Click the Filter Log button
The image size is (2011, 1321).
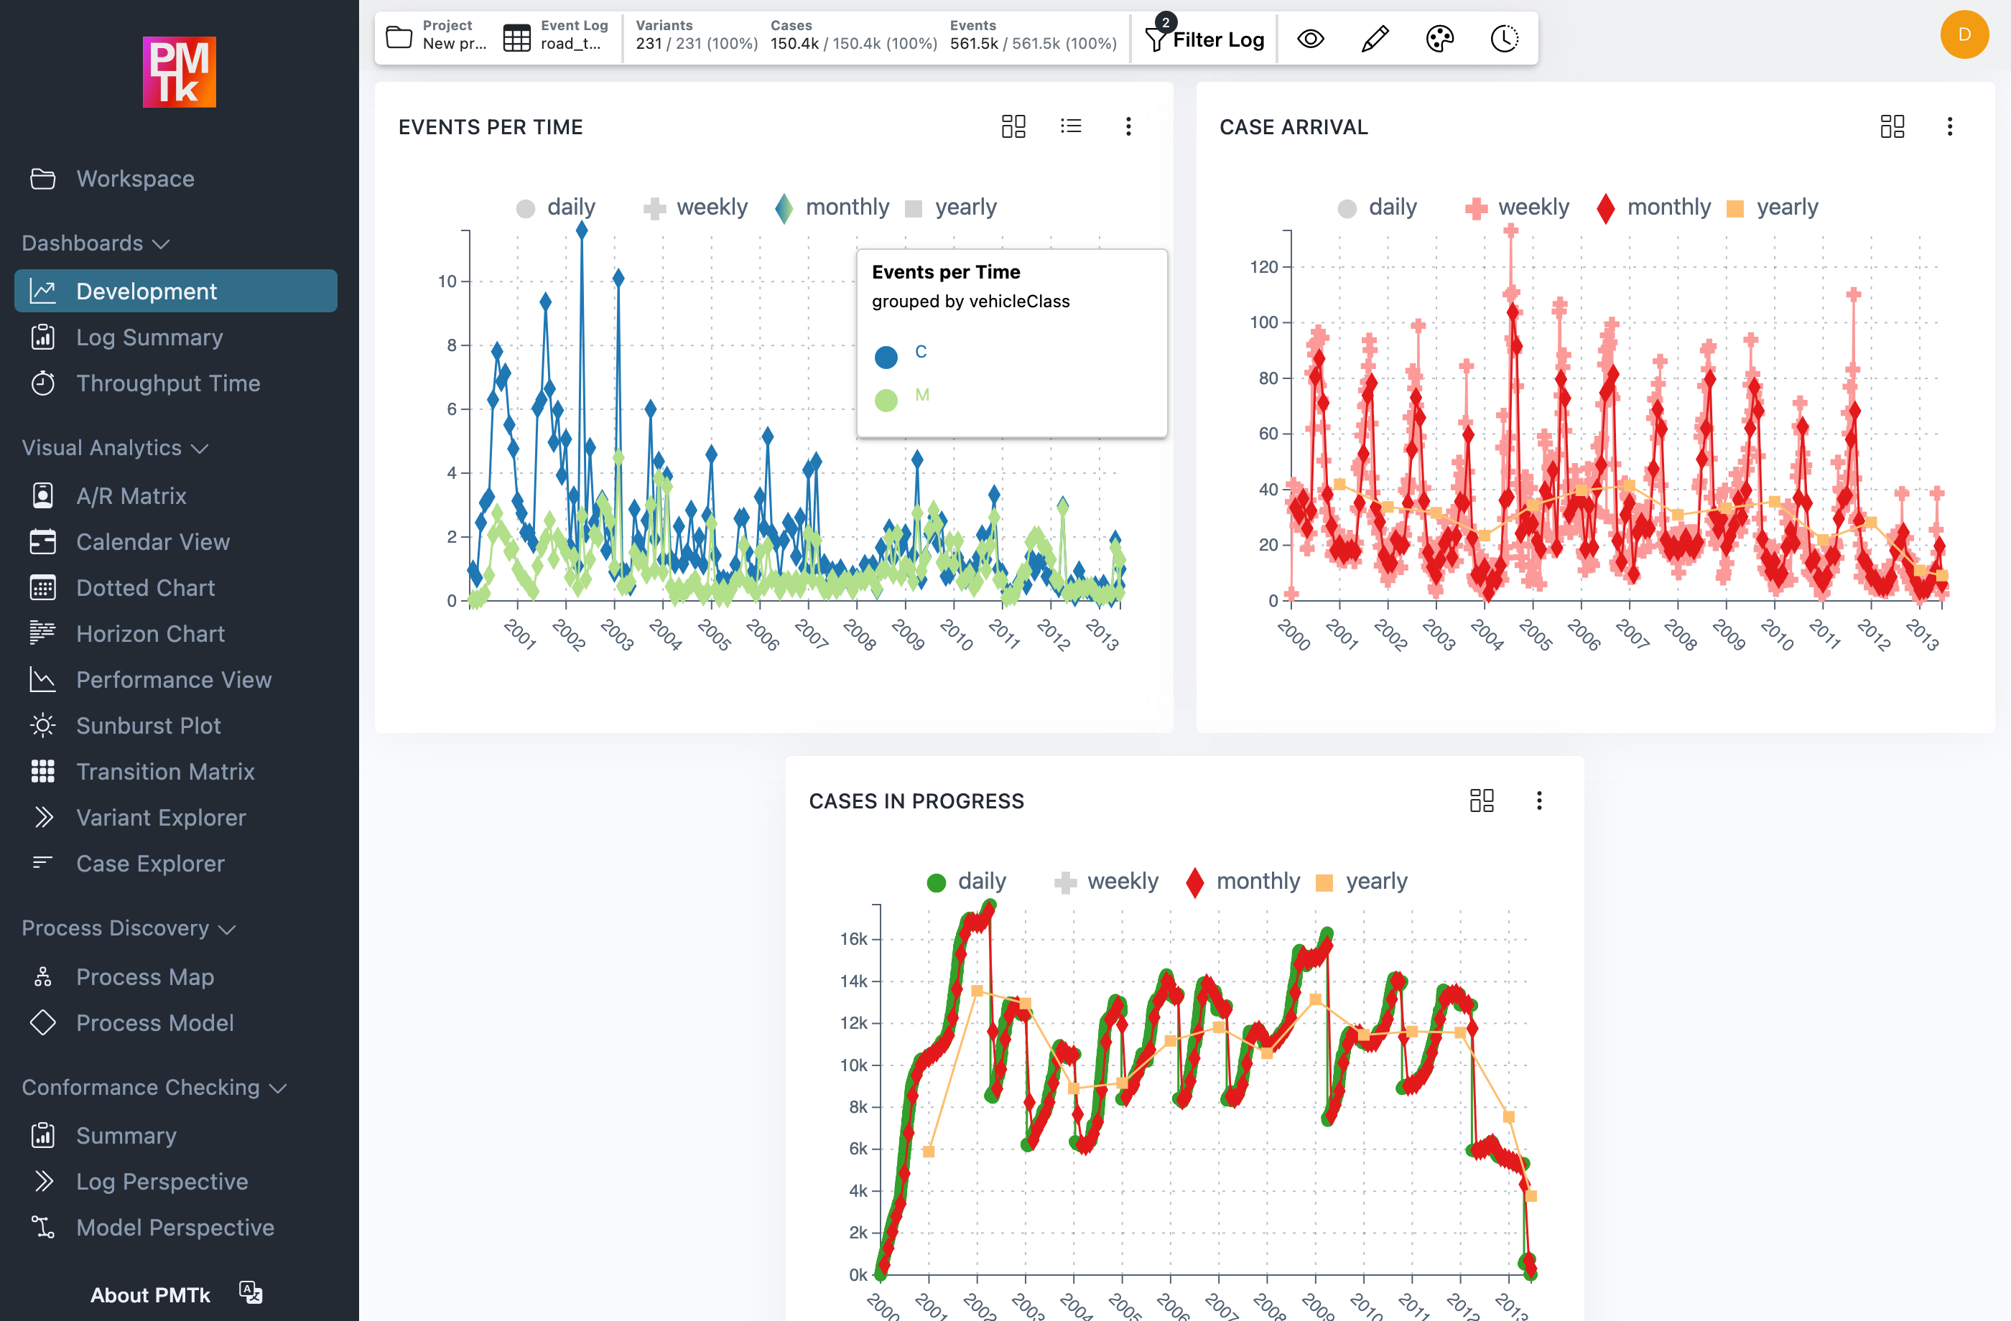tap(1205, 39)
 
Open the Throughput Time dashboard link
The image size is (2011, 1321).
tap(167, 383)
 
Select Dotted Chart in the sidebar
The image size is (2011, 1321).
tap(145, 588)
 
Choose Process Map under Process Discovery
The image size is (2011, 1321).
tap(144, 977)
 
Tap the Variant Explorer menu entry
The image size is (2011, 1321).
tap(161, 818)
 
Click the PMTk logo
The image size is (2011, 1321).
tap(179, 72)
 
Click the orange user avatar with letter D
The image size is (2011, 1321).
tap(1964, 34)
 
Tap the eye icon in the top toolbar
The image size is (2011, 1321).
tap(1311, 39)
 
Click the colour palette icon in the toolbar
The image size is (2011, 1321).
tap(1439, 39)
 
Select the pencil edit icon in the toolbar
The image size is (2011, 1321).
tap(1375, 39)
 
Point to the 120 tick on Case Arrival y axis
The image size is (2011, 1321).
tap(1264, 267)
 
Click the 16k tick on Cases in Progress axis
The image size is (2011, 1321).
tap(853, 939)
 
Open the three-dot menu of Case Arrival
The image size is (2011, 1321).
tap(1949, 126)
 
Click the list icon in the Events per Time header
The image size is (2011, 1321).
tap(1071, 126)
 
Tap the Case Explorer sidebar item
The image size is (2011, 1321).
tap(150, 863)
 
